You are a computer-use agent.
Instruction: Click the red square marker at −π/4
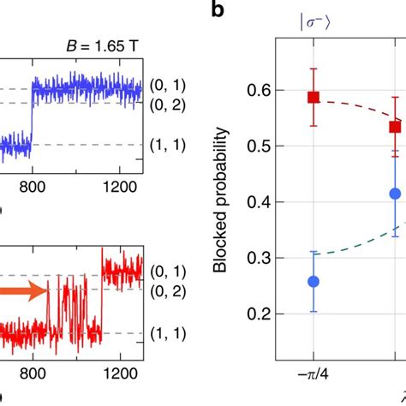tap(313, 98)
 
